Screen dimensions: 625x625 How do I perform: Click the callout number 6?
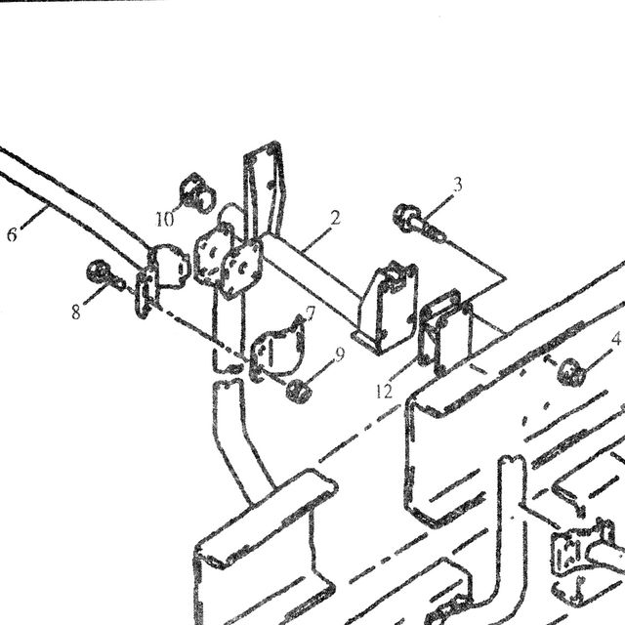point(12,234)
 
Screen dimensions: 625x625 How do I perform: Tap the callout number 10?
point(165,219)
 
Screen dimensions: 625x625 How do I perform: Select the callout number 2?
point(335,218)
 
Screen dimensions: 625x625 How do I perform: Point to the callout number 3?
point(458,185)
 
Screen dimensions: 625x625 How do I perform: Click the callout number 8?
point(76,312)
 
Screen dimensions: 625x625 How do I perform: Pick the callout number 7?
point(311,313)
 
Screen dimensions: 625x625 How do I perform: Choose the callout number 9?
point(340,354)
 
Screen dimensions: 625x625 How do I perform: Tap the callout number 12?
point(384,392)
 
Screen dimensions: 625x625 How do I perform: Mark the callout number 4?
point(616,339)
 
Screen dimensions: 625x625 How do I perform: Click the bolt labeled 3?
point(417,223)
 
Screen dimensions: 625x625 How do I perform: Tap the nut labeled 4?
point(570,373)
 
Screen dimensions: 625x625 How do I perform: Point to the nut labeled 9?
point(298,390)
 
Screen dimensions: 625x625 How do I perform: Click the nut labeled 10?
point(197,193)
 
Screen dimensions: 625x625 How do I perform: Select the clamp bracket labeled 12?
point(445,333)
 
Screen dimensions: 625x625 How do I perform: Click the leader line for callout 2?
point(316,239)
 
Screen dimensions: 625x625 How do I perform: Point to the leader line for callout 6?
point(34,218)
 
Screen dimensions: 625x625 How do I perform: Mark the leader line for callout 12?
point(403,371)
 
